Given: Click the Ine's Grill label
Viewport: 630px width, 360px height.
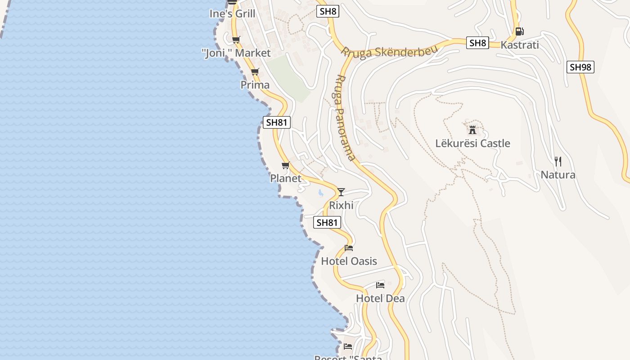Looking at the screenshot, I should [232, 13].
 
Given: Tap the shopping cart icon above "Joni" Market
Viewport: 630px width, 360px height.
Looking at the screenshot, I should [236, 40].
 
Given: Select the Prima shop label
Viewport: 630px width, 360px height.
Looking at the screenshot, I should [255, 85].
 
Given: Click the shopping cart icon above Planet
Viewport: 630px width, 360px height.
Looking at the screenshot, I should [285, 166].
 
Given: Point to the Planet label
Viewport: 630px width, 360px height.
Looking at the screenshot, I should [286, 178].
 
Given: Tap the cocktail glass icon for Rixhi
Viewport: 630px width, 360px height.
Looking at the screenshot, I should [341, 192].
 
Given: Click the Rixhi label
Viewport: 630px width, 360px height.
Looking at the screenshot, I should [341, 205].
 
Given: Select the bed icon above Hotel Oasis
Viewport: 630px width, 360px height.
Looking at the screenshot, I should [349, 248].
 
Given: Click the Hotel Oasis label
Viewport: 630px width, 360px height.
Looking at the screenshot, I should [349, 261].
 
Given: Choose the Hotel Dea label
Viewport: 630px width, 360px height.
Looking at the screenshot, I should [380, 298].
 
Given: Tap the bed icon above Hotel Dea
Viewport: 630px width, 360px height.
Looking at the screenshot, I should [380, 285].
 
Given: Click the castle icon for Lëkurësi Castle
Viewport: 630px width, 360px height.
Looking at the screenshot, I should [472, 130].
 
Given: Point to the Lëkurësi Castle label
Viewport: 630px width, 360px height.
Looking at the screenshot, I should [472, 144].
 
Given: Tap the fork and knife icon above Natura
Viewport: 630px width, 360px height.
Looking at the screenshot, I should [558, 162].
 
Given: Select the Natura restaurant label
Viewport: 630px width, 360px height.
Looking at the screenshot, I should [558, 175].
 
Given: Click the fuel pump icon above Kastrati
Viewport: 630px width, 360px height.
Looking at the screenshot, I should [519, 31].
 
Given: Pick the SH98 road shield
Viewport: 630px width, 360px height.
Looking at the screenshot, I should [580, 67].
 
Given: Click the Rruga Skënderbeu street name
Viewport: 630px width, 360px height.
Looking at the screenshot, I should [389, 52].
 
